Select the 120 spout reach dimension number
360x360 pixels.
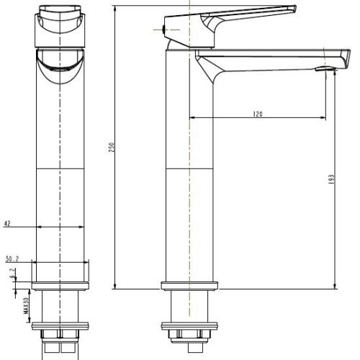tap(257, 114)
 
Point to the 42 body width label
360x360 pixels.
tap(7, 225)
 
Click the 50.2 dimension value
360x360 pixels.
tap(12, 258)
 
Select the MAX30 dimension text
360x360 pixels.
tap(25, 307)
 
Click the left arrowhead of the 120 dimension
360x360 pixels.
tap(190, 118)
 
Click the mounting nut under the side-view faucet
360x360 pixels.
tap(189, 334)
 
